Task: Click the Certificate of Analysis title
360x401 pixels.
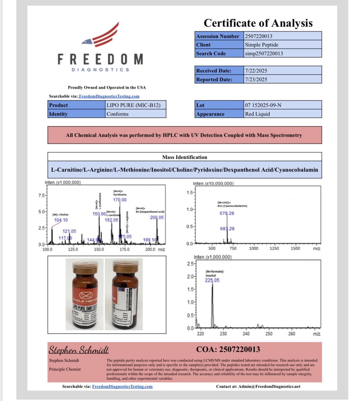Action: coord(258,23)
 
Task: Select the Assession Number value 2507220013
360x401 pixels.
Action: coord(259,36)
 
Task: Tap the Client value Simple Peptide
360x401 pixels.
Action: coord(261,45)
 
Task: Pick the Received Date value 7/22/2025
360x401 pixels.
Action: coord(256,71)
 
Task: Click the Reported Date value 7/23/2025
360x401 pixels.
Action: coord(256,79)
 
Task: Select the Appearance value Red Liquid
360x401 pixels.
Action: coord(257,114)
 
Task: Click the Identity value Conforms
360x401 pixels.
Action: coord(117,114)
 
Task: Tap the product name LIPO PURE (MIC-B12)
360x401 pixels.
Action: coord(133,105)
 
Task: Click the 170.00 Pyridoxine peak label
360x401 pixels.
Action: coord(120,200)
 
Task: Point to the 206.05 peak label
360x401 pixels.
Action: coord(157,217)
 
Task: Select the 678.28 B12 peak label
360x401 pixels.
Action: coord(227,213)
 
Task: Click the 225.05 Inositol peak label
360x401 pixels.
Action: coord(212,280)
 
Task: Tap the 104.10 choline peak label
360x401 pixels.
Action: coord(61,220)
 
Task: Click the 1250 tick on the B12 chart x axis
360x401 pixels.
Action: coord(274,248)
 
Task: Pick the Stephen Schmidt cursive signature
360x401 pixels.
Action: coord(79,350)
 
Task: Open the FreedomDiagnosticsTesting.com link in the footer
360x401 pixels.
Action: coord(122,386)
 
